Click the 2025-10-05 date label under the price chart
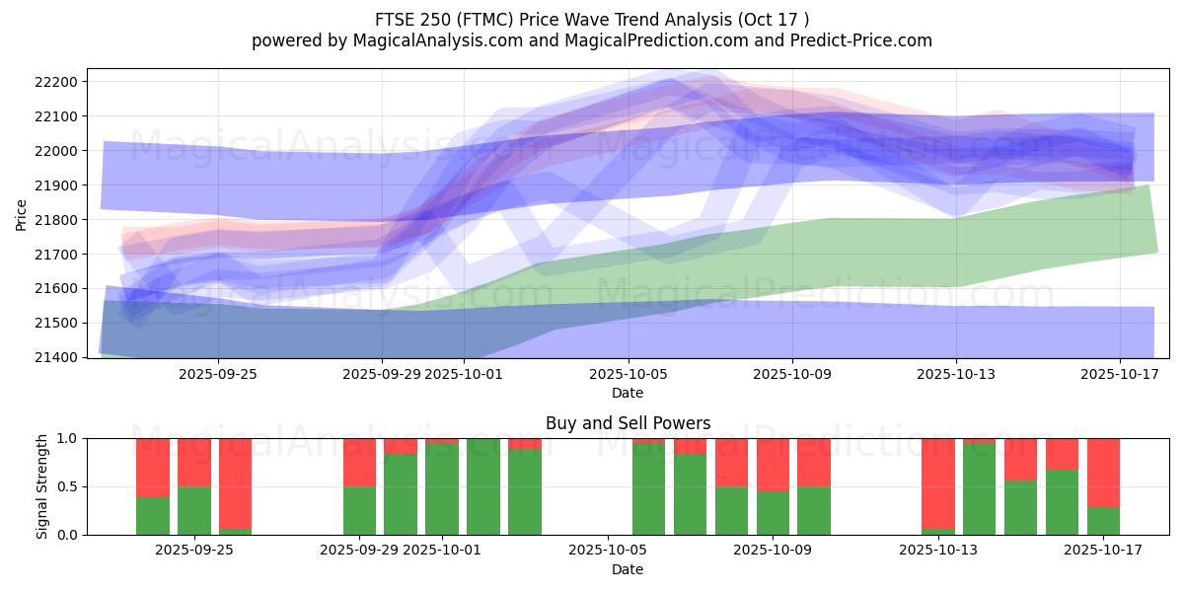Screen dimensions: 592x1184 pos(628,375)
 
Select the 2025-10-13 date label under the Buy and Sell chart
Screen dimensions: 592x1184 pos(956,551)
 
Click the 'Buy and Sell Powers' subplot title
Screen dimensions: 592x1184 pos(628,423)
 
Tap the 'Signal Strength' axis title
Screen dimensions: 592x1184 pos(41,486)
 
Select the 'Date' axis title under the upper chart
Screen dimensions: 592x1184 pos(628,393)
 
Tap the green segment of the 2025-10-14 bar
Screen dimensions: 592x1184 pos(980,489)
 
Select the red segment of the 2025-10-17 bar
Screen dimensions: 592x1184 pos(1103,472)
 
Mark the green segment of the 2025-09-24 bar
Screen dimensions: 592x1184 pos(153,516)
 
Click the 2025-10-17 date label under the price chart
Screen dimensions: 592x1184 pos(1120,375)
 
